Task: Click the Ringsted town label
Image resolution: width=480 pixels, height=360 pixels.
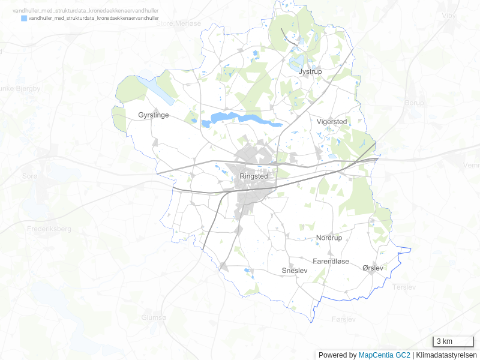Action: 253,177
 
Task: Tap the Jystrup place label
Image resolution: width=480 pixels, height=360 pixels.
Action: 310,71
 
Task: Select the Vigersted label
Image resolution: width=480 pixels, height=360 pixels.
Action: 332,121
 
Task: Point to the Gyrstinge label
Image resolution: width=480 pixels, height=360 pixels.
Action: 153,115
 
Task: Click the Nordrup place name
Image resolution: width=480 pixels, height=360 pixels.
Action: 329,238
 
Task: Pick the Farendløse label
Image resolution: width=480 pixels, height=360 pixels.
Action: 331,262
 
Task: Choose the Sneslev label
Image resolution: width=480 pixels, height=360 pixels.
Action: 295,271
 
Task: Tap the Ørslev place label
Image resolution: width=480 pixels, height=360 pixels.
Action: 373,268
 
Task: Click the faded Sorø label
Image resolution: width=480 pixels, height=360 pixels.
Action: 29,176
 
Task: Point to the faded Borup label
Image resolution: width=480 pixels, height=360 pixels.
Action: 414,103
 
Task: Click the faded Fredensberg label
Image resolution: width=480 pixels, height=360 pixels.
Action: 49,229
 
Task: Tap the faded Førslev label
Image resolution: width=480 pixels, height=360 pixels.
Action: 343,319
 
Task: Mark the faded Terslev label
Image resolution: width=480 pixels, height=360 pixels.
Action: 404,287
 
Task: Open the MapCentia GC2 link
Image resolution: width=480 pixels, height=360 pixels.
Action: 384,355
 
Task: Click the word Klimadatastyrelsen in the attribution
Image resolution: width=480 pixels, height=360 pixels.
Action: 447,355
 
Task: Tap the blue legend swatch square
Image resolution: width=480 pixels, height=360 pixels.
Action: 24,19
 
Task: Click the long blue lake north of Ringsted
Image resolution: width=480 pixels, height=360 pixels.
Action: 240,118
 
